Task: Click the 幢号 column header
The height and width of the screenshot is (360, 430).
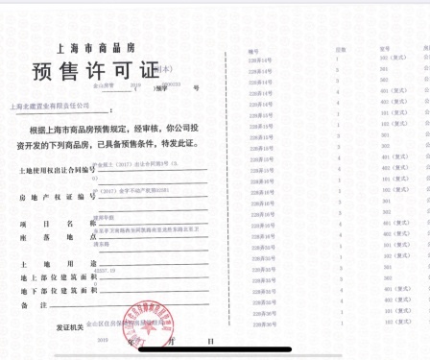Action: coord(253,48)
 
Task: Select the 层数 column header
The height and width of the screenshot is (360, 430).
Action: coord(340,48)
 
